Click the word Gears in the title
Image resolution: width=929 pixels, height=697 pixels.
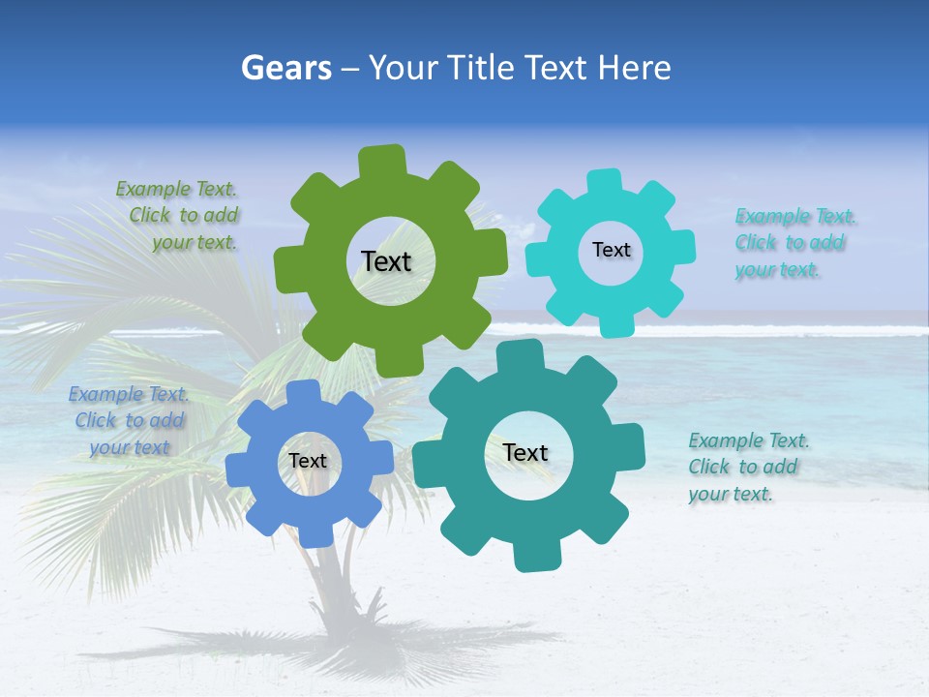[286, 68]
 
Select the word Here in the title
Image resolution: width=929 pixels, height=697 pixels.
[634, 68]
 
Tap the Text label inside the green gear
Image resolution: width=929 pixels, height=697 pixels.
[386, 261]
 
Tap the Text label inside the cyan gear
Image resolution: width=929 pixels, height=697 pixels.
[611, 250]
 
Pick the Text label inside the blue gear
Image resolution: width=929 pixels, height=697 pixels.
[308, 462]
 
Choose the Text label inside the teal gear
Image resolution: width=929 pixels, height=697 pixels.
[525, 453]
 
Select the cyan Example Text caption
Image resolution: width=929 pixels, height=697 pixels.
[790, 243]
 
